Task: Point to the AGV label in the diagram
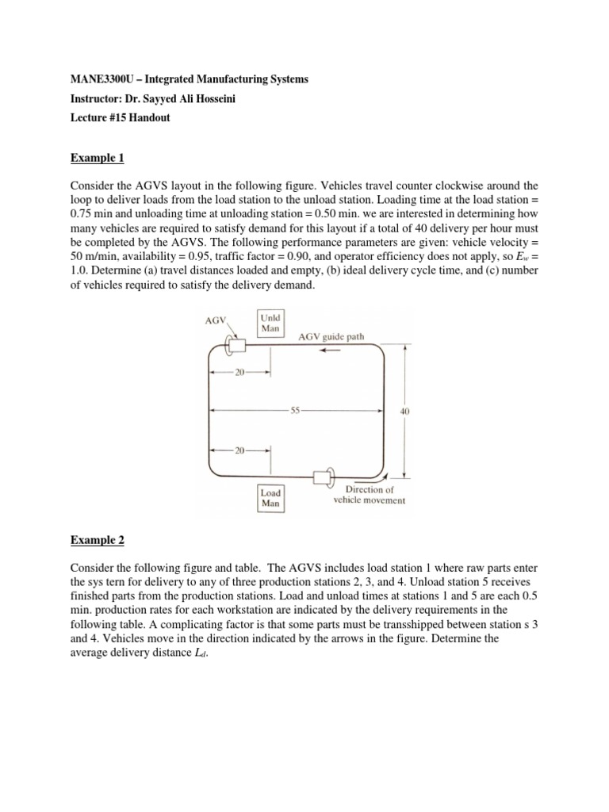[x=215, y=322]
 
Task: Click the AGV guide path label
[x=331, y=336]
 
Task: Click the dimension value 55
[x=295, y=411]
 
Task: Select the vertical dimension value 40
[x=406, y=411]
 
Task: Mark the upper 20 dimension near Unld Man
[x=240, y=372]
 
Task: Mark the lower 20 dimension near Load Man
[x=240, y=450]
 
